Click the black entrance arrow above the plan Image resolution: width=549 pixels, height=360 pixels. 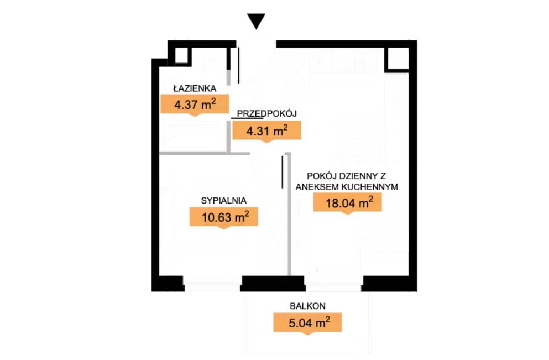pos(256,21)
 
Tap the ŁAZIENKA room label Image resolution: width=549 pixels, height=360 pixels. pos(195,88)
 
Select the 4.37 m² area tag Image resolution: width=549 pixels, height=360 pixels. pos(195,105)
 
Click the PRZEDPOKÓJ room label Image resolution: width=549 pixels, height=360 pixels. pos(267,113)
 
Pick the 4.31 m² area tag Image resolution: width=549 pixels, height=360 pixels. pos(267,131)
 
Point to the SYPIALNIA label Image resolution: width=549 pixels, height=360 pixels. pos(224,200)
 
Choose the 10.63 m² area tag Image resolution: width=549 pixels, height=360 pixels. pos(224,217)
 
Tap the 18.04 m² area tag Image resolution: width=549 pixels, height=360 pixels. pos(347,203)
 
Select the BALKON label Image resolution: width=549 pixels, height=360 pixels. pos(308,306)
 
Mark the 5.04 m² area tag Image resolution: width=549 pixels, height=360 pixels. pos(307,322)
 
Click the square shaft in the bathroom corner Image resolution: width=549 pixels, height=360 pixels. pos(181,55)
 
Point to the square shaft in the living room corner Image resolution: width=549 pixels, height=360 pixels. pos(397,58)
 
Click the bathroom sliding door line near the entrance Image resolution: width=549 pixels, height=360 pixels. pos(239,65)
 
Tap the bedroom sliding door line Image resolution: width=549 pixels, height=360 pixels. pos(283,172)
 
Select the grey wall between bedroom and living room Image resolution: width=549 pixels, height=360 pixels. pos(289,214)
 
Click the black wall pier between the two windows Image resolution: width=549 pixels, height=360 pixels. pos(273,284)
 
